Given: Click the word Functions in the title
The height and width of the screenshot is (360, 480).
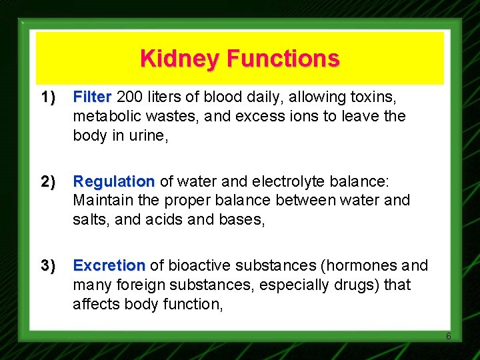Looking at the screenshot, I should click(283, 59).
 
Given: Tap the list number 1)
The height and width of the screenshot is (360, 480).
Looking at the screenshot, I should click(47, 98).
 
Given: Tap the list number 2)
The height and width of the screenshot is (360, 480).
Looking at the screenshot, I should click(47, 182).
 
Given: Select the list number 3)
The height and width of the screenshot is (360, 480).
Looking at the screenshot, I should click(47, 266).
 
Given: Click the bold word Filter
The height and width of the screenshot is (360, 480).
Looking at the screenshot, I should click(93, 97).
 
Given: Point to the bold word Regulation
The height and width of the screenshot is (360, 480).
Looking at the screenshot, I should click(114, 182).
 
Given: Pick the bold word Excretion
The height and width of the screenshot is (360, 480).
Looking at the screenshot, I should click(109, 266).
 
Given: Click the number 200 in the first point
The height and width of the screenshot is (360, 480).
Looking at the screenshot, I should click(130, 97).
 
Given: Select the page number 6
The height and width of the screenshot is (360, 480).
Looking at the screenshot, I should click(448, 336).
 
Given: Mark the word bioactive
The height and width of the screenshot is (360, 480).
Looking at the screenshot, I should click(196, 266).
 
